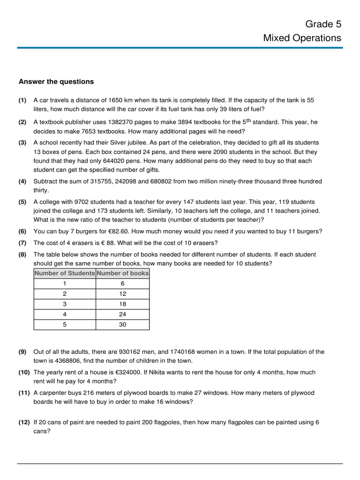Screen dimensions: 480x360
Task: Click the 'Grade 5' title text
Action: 323,24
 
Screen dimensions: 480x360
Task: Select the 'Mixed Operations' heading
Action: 302,38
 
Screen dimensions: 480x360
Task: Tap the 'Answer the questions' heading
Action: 56,82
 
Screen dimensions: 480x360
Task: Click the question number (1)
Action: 22,100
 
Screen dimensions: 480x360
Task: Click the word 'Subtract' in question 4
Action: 45,181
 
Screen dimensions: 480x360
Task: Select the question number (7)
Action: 22,243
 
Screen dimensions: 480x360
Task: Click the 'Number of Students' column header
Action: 65,273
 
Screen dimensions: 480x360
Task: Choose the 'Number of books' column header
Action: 123,273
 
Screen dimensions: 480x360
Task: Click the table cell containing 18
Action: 123,304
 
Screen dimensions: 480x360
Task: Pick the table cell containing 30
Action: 123,324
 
